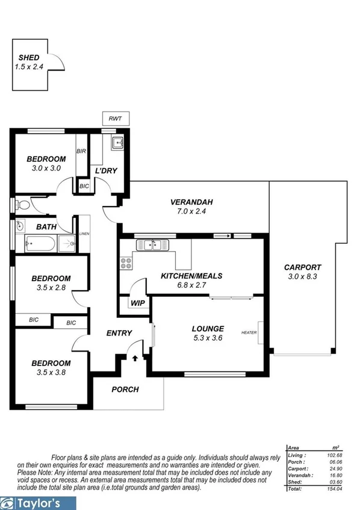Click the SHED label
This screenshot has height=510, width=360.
(x=29, y=57)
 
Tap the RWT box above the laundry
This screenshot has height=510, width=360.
(x=115, y=119)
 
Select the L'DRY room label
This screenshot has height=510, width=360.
(x=106, y=171)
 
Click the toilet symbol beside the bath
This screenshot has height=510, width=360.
(x=22, y=206)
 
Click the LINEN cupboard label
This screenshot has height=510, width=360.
(x=84, y=234)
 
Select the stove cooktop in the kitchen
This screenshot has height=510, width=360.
(x=126, y=263)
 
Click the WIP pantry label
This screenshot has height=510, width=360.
(x=137, y=303)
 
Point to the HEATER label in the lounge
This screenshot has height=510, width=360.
(x=249, y=332)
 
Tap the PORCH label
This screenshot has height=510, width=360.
(x=125, y=390)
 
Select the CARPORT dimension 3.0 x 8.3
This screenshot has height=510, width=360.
(x=302, y=277)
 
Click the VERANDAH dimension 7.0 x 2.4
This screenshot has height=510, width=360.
(x=191, y=212)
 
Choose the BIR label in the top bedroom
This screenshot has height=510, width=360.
(x=81, y=151)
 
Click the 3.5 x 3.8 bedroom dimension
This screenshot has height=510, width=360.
(x=51, y=372)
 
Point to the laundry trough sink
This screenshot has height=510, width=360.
(x=117, y=143)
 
